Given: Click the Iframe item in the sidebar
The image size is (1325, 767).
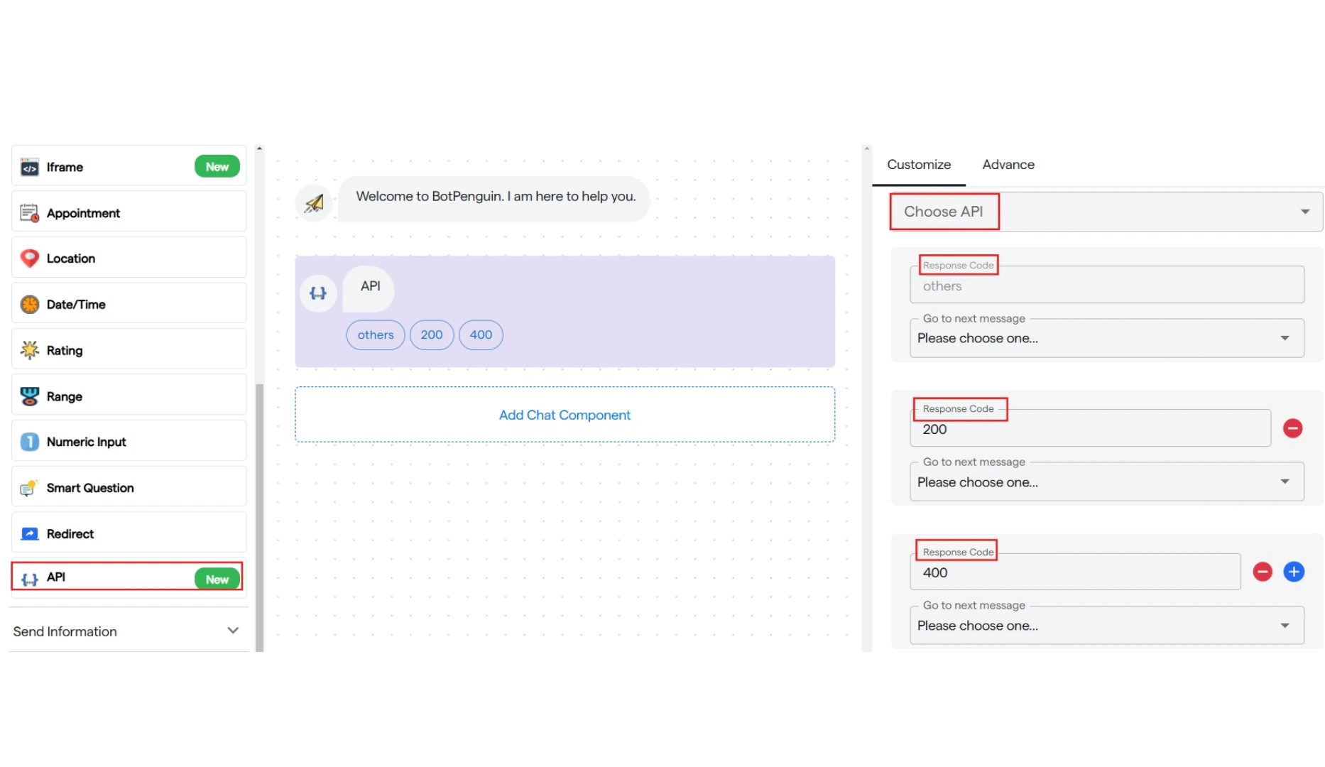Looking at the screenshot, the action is (x=129, y=166).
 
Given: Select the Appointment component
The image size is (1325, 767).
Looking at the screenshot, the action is (x=129, y=212).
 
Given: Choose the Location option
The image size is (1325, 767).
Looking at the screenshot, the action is (x=129, y=258).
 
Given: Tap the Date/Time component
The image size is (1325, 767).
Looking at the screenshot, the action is (x=129, y=304).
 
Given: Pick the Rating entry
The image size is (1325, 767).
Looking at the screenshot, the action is (x=129, y=349).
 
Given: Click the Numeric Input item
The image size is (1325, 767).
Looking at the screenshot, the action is (x=129, y=441).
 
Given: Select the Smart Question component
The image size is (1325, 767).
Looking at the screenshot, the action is (x=129, y=487).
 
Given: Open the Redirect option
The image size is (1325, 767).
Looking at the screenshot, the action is (x=129, y=533).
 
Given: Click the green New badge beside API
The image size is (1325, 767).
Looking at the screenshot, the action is (x=217, y=579).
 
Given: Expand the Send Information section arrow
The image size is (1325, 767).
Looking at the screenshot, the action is (x=233, y=631).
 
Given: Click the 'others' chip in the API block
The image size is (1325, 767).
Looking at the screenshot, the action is (x=376, y=335).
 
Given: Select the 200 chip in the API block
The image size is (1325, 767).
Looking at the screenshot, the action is (x=432, y=335).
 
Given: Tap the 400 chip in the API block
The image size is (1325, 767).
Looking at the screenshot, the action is (x=481, y=335).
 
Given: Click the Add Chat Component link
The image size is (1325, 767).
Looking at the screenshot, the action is (x=565, y=415).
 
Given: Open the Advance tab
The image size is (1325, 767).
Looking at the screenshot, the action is (x=1008, y=165).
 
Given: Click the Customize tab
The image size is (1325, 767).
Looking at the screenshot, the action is (x=919, y=165).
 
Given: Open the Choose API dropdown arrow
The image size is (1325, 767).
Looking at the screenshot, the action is (x=1305, y=212).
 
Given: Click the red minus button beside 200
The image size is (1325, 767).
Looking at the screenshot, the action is (x=1292, y=428).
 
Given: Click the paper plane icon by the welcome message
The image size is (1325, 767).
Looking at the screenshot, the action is (x=314, y=203).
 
